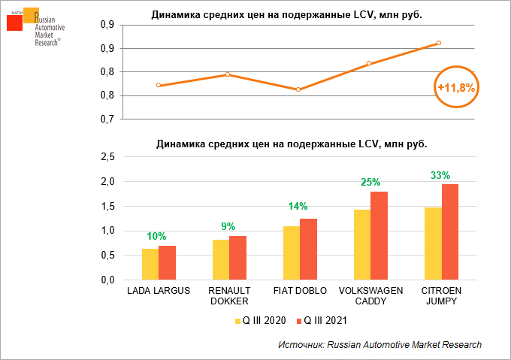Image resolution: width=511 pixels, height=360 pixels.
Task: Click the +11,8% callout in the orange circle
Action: [456, 88]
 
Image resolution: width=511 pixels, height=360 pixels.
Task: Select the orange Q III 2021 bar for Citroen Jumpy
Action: [450, 231]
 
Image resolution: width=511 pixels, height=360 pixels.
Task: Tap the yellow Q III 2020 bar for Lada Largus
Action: [150, 264]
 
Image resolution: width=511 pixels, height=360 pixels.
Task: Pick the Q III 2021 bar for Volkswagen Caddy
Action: [379, 235]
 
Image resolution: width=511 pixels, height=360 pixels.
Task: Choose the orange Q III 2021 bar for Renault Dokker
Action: [237, 257]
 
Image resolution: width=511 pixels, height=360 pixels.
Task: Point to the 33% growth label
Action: [440, 175]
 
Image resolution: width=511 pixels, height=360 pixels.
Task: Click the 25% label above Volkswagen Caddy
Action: [370, 182]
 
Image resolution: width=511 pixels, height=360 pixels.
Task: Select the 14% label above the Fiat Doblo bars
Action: [299, 207]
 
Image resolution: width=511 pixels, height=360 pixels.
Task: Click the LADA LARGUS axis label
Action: [159, 290]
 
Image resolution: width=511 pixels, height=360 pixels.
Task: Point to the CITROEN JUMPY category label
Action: [441, 295]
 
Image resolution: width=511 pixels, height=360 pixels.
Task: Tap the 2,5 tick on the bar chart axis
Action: [107, 157]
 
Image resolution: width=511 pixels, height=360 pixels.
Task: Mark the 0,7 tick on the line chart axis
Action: [107, 119]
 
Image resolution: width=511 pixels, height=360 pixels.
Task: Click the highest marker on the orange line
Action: [439, 43]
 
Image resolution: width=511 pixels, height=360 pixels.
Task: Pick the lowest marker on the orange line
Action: [298, 89]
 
